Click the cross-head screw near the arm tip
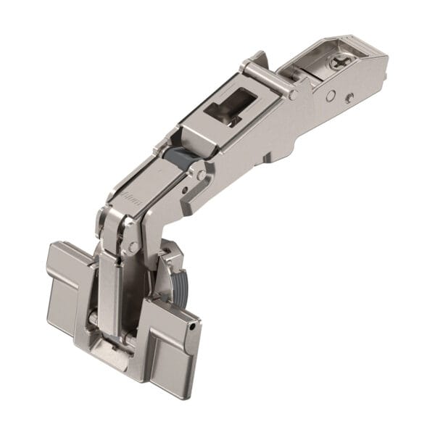pos(340,63)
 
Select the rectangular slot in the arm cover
pos(227,108)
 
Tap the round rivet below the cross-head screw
pos(330,95)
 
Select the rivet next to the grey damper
pos(200,175)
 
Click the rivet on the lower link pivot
pos(133,247)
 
